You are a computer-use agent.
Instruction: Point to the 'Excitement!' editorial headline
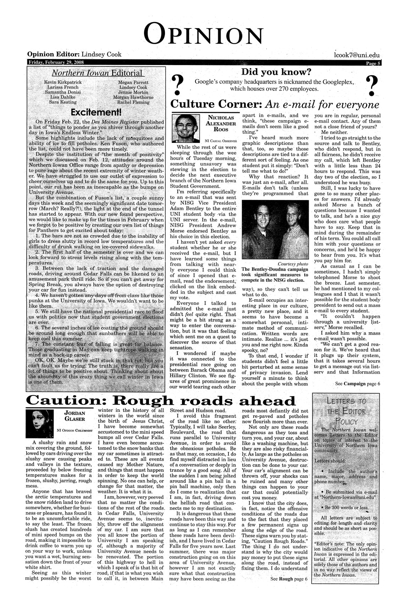coord(96,113)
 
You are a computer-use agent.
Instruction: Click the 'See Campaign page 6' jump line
coord(358,383)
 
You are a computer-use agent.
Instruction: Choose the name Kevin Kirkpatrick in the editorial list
coord(62,82)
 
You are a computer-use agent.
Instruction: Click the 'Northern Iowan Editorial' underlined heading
coord(97,73)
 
